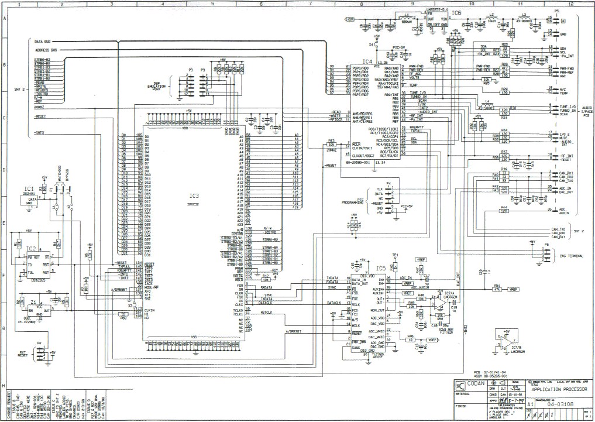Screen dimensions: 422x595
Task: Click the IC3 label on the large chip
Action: click(x=194, y=195)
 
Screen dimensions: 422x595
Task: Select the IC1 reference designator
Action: click(x=29, y=188)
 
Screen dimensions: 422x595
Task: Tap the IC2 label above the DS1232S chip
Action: click(x=32, y=249)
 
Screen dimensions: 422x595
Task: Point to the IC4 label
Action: click(x=367, y=61)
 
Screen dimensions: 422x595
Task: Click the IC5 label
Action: click(x=381, y=269)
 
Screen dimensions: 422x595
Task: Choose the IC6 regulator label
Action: click(x=456, y=12)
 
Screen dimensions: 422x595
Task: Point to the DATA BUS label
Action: click(x=42, y=42)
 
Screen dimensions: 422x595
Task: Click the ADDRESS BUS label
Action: click(x=45, y=51)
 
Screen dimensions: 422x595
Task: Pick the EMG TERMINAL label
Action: click(x=572, y=256)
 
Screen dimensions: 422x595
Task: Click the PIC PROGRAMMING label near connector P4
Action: click(x=355, y=201)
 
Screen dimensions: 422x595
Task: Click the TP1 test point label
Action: click(x=395, y=255)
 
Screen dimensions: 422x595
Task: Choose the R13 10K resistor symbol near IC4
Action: click(x=331, y=144)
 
